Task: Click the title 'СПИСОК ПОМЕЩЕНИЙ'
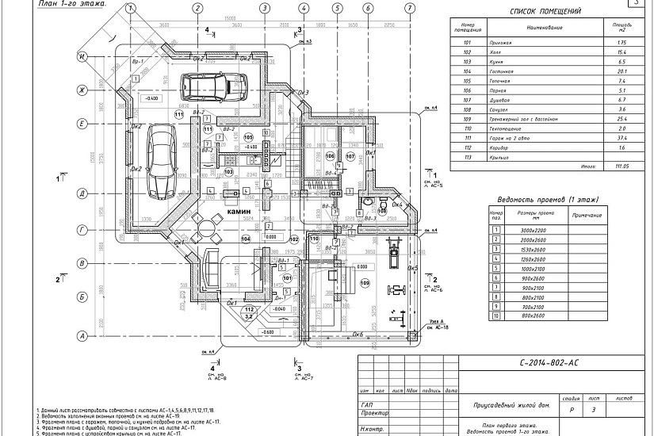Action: pos(545,12)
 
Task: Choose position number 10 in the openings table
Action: pos(496,316)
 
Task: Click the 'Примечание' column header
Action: pos(586,215)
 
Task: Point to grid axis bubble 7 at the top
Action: pos(409,8)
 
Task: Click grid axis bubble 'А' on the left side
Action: pos(82,337)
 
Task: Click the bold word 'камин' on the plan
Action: pos(240,213)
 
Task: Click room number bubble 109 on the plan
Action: pos(365,283)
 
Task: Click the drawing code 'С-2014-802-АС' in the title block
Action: pos(549,362)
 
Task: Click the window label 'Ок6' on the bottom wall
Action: pos(358,334)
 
